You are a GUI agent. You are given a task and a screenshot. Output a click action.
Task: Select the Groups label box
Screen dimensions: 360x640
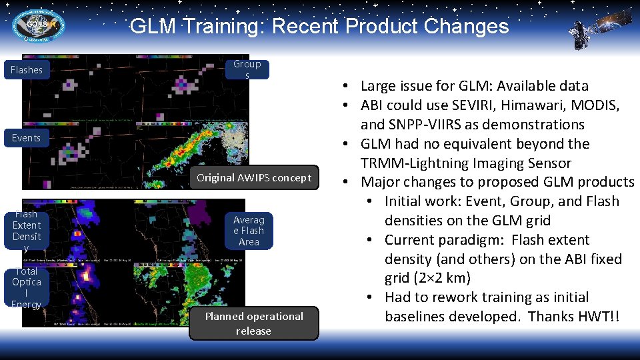tap(247, 69)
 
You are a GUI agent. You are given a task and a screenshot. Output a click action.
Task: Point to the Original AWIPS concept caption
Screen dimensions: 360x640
tap(253, 177)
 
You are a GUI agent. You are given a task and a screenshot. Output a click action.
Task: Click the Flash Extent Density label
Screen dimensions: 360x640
tap(27, 231)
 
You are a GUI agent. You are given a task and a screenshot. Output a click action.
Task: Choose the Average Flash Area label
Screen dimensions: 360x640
tap(249, 231)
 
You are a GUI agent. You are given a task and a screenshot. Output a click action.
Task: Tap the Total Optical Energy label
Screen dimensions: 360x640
tap(27, 287)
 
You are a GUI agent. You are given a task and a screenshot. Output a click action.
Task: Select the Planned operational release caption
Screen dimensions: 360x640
tap(253, 323)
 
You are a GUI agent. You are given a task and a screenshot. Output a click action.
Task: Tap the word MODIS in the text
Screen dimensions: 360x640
tap(598, 105)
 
